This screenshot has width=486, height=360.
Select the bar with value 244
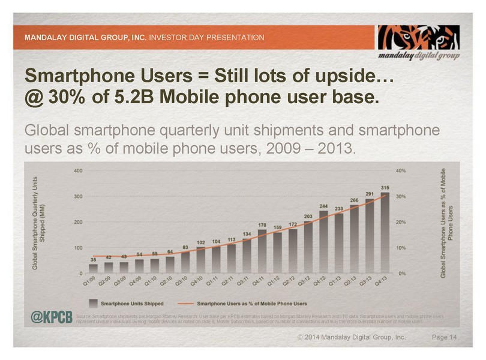point(323,242)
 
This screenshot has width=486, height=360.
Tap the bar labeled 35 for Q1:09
point(93,268)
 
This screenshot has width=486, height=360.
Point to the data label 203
point(308,216)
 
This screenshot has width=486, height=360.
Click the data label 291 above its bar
point(370,194)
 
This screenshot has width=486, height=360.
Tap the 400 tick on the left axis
point(77,170)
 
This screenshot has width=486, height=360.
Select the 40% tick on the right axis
point(401,170)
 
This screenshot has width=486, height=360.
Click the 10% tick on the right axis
point(401,247)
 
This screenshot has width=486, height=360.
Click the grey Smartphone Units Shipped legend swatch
point(94,303)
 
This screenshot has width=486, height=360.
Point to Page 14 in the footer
point(445,338)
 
